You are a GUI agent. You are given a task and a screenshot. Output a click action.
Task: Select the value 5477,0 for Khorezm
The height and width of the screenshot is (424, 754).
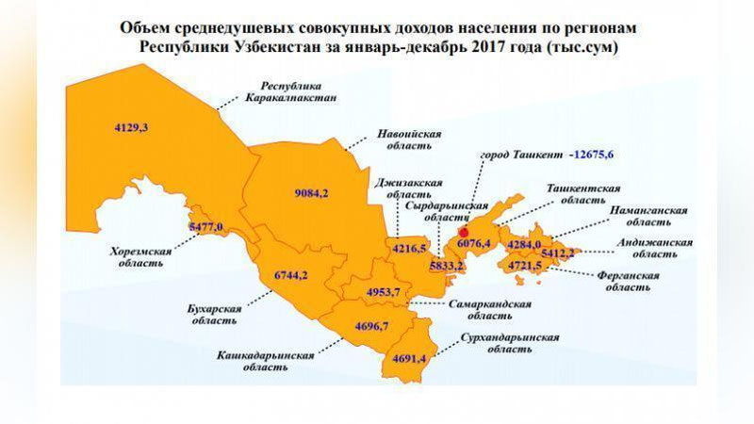tap(206, 227)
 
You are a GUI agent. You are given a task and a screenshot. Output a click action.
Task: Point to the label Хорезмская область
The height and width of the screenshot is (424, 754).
tap(139, 257)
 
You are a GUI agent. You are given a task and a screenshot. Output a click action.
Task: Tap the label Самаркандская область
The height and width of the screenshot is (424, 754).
tap(490, 310)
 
